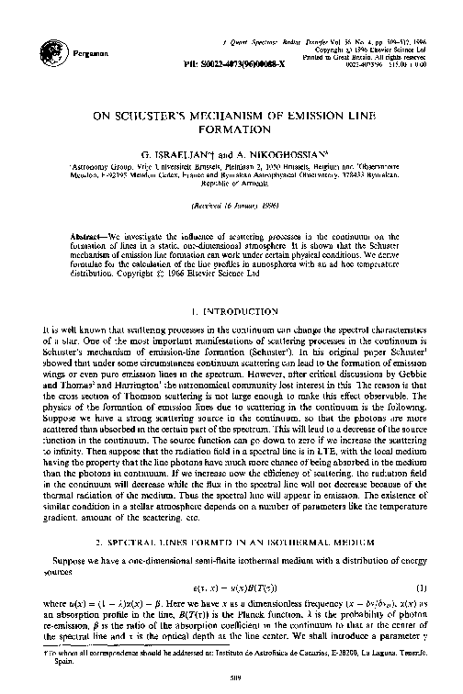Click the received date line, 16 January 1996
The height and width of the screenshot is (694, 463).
tap(230, 207)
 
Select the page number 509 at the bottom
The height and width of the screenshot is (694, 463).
tap(230, 677)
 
